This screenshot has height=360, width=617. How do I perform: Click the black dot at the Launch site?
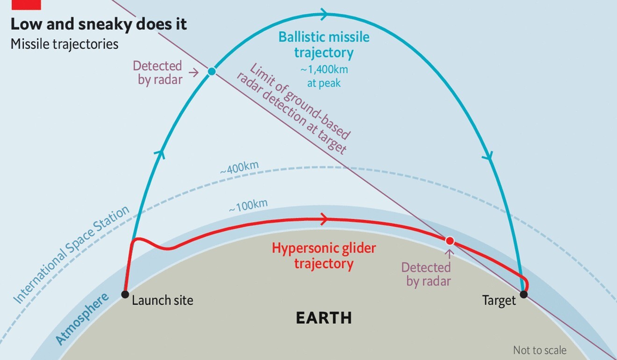tap(125, 295)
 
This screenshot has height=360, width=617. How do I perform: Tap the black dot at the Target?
tap(524, 295)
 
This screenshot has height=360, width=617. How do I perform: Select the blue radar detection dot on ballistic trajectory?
tap(212, 72)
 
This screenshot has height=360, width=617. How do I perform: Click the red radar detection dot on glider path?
tap(450, 241)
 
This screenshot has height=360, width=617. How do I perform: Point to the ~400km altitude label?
tap(239, 167)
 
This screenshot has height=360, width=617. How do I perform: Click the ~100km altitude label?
tap(248, 205)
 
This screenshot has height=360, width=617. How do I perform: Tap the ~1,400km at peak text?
tap(324, 76)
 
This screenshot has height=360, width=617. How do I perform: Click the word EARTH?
tap(324, 318)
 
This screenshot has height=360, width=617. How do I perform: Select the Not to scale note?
tap(539, 350)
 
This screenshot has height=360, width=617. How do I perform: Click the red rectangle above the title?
tap(26, 5)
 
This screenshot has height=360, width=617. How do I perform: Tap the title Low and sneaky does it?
tap(99, 24)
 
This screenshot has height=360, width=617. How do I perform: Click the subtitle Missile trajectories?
tap(65, 44)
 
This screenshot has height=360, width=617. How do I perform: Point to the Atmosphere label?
tap(82, 319)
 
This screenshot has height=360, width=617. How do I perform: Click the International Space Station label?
tap(72, 254)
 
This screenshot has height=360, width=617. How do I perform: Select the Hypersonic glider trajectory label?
tap(324, 256)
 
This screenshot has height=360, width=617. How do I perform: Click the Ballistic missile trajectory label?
tap(324, 44)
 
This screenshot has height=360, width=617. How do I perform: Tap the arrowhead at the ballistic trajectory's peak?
tap(324, 14)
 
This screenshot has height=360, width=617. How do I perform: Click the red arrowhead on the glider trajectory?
tap(325, 220)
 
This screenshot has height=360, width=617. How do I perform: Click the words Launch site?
tap(163, 300)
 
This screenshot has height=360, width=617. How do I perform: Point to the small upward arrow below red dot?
tap(450, 254)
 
